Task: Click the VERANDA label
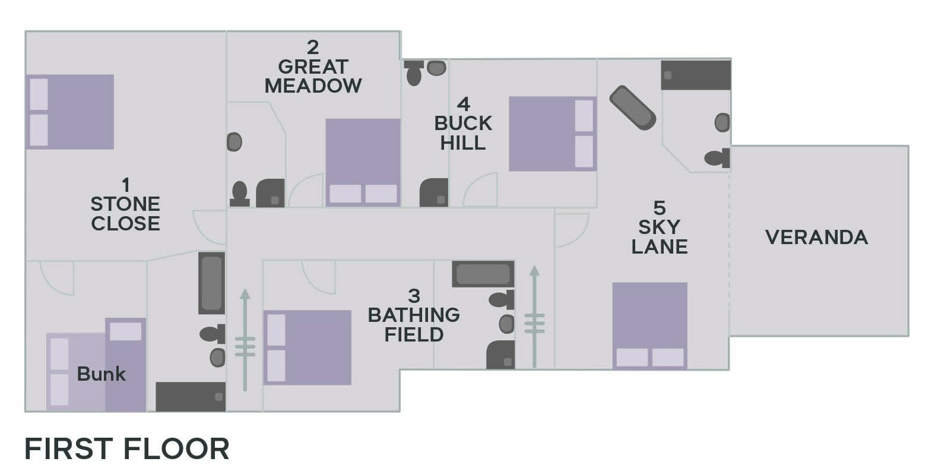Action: pyautogui.click(x=816, y=238)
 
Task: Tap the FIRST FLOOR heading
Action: pyautogui.click(x=126, y=449)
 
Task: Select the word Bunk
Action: pyautogui.click(x=102, y=374)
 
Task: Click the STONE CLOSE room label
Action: pyautogui.click(x=125, y=205)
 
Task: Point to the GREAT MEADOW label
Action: pyautogui.click(x=313, y=67)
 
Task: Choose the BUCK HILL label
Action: pyautogui.click(x=463, y=124)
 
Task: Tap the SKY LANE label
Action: pyautogui.click(x=659, y=227)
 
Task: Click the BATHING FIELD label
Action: pyautogui.click(x=414, y=315)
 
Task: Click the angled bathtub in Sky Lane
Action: pyautogui.click(x=632, y=107)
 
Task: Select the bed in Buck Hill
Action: pyautogui.click(x=552, y=134)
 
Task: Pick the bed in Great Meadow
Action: pyautogui.click(x=363, y=162)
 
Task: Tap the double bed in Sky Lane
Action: pyautogui.click(x=649, y=325)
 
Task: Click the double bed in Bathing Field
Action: pyautogui.click(x=307, y=347)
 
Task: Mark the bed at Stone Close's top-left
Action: pyautogui.click(x=70, y=112)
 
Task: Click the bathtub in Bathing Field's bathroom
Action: pyautogui.click(x=483, y=274)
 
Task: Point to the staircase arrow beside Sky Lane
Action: pyautogui.click(x=534, y=318)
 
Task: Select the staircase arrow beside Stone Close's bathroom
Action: pyautogui.click(x=245, y=340)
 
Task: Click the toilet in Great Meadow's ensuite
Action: pyautogui.click(x=239, y=194)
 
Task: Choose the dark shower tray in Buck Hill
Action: pyautogui.click(x=434, y=193)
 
